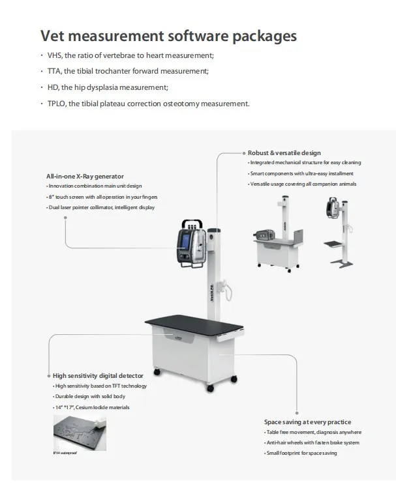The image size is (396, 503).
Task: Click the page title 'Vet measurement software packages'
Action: [168, 35]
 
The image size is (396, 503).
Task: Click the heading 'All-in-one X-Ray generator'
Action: [85, 176]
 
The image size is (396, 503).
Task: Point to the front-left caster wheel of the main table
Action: [157, 372]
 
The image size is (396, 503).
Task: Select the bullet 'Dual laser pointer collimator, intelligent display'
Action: [101, 207]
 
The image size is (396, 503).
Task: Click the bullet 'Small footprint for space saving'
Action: [301, 453]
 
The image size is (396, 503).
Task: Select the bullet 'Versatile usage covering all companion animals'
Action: [303, 184]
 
